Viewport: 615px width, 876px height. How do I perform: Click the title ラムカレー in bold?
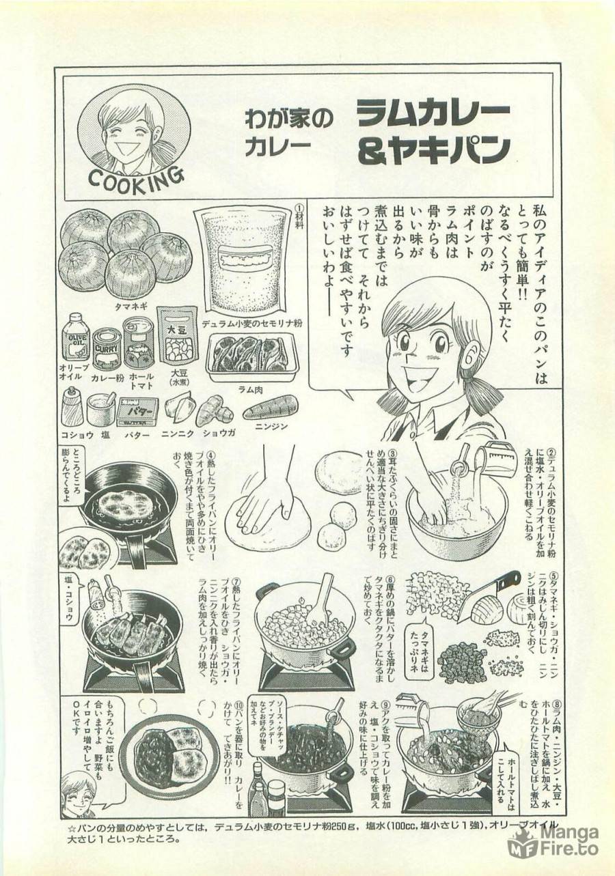coord(432,113)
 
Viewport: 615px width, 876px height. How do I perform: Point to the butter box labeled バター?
coord(138,412)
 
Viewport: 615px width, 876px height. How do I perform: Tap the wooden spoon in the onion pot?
coord(320,598)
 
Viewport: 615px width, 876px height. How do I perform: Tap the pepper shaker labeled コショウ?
coord(72,408)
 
